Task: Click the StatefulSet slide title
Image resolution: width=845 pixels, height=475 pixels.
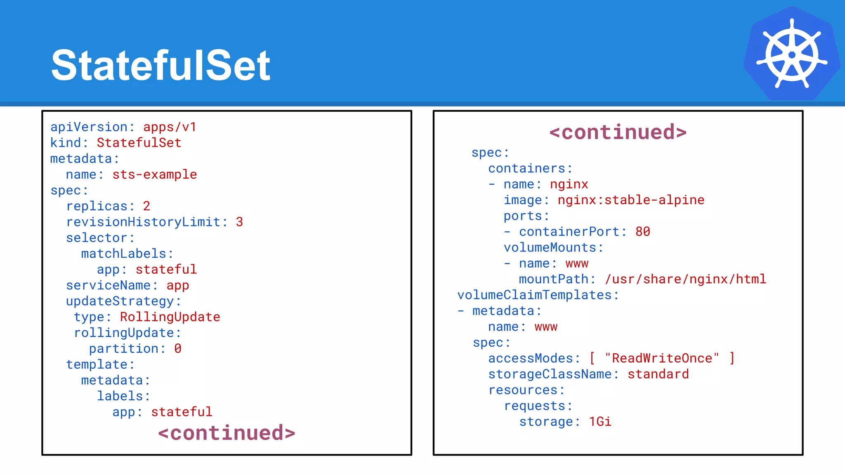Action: (x=161, y=65)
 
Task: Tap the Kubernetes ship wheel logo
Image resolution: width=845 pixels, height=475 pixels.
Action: (x=791, y=54)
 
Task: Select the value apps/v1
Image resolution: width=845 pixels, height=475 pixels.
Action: (x=170, y=127)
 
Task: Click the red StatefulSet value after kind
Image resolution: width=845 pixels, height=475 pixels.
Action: (x=139, y=143)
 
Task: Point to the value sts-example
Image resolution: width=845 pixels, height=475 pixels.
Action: (x=154, y=174)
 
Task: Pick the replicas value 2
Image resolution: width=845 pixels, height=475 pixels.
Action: (x=146, y=206)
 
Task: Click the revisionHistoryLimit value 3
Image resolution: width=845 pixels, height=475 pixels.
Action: (x=239, y=222)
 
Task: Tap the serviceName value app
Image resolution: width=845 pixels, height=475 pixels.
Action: (x=178, y=285)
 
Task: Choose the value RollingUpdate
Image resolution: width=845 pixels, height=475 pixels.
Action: (x=170, y=317)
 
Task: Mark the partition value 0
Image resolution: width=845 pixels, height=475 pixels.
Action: (x=178, y=349)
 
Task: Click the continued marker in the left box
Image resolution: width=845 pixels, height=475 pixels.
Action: (x=227, y=433)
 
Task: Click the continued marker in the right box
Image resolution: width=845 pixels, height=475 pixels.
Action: (x=618, y=132)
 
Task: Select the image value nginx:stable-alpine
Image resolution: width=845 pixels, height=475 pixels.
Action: (x=631, y=200)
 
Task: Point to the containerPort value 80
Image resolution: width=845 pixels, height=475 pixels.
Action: (x=643, y=232)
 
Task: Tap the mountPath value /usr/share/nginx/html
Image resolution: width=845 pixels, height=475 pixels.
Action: (x=685, y=279)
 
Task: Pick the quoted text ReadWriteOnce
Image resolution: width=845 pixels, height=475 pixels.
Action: (x=662, y=358)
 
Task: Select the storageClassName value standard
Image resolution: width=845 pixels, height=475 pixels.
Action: (x=658, y=374)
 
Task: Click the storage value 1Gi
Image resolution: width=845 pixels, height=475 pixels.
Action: (x=600, y=421)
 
